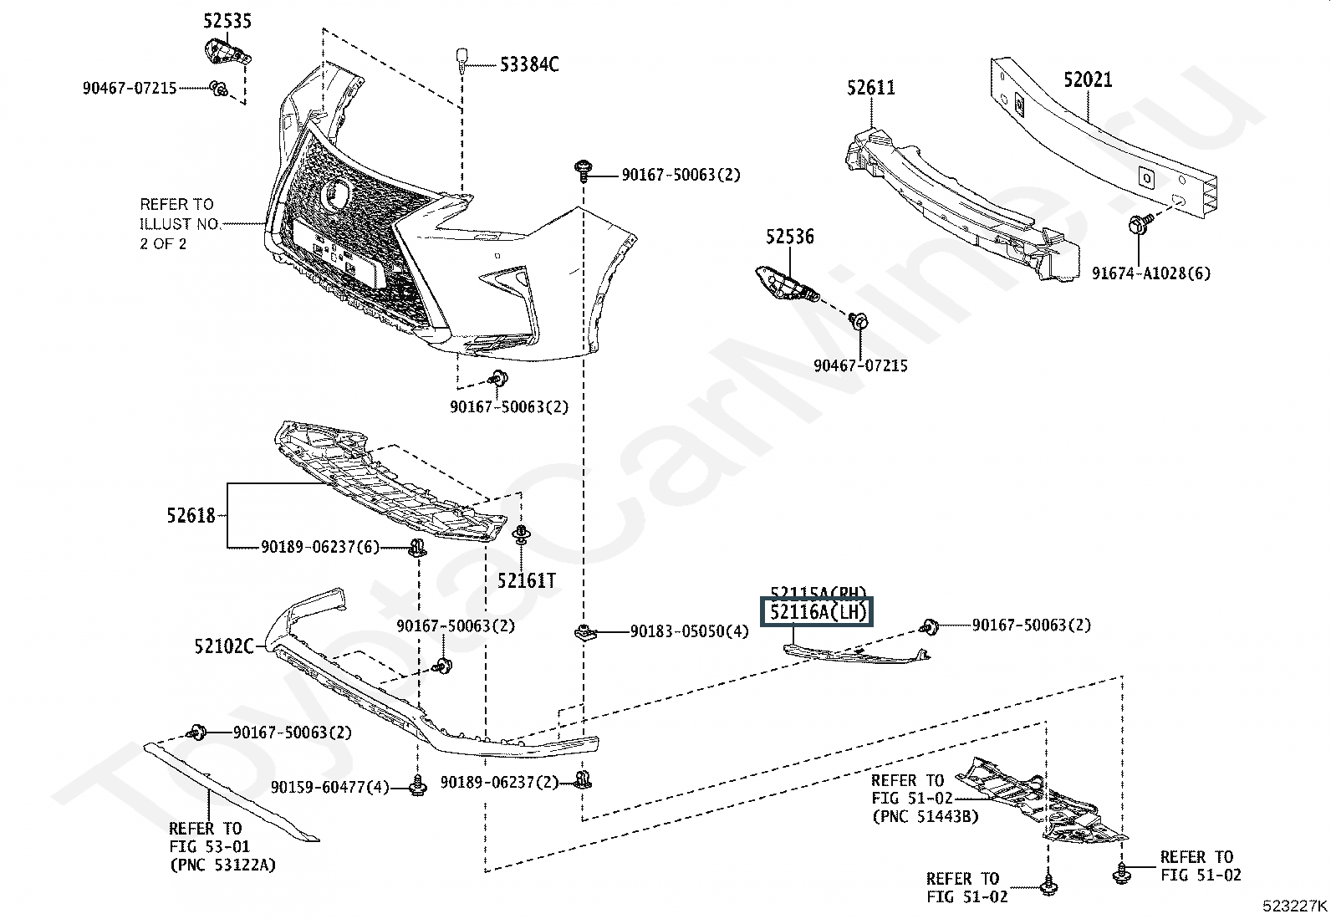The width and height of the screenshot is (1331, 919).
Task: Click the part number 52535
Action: [x=227, y=21]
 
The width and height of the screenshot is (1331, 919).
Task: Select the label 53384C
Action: [x=529, y=64]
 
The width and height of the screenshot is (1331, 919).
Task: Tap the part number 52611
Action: [x=870, y=88]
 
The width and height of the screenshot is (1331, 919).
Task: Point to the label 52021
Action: [x=1088, y=80]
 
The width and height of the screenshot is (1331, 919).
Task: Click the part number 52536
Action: [x=789, y=237]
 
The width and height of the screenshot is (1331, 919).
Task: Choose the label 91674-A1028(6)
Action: [x=1150, y=273]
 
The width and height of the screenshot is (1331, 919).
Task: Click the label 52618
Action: [x=191, y=516]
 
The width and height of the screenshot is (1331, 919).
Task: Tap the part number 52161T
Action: [x=526, y=579]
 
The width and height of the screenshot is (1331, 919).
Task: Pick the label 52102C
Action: [x=223, y=646]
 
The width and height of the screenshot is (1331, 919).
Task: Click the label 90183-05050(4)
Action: [x=689, y=631]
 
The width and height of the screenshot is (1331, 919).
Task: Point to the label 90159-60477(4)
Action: [x=329, y=787]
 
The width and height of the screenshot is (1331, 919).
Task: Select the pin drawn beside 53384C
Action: [x=461, y=59]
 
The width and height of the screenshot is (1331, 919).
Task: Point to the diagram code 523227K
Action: [x=1295, y=905]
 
